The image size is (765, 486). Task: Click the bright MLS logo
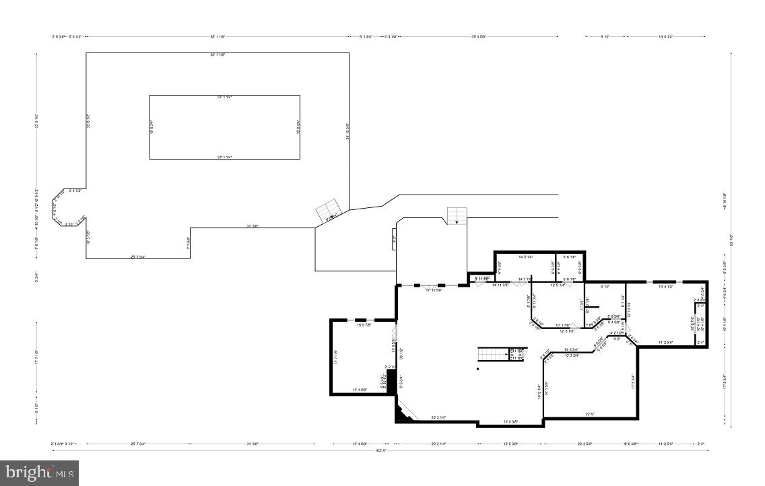pos(40,473)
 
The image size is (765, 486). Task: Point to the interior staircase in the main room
pos(494,354)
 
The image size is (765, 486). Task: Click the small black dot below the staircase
pos(478,369)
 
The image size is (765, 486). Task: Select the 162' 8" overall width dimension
pos(381,452)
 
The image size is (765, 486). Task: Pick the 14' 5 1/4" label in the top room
pos(525,257)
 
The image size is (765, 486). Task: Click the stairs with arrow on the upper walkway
pos(457,216)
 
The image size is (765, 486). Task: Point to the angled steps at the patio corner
pos(330,211)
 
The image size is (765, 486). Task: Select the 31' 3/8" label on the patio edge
pos(253,225)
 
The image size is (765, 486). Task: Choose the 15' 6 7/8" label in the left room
pos(364,325)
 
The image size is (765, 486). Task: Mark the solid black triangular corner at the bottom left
pos(402,416)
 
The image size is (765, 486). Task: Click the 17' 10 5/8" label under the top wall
pos(432,290)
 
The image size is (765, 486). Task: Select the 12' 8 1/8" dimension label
pos(566,331)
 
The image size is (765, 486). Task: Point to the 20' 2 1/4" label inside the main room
pos(443,417)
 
